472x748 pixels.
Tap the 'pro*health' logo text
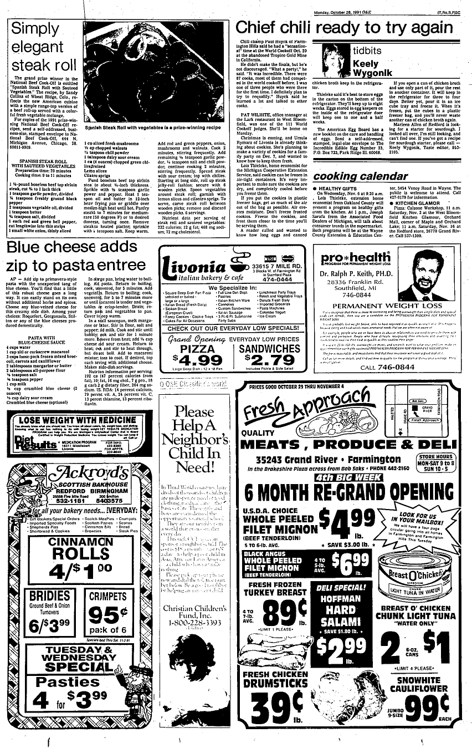pos(347,257)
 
